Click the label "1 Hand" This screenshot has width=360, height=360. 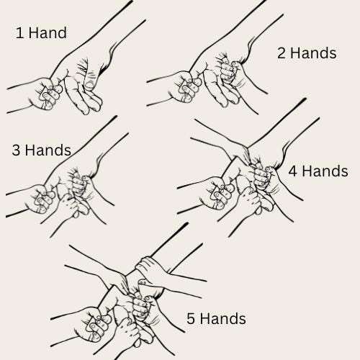pyautogui.click(x=41, y=32)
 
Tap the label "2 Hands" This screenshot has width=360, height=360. pyautogui.click(x=307, y=53)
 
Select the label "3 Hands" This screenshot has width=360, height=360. pyautogui.click(x=42, y=150)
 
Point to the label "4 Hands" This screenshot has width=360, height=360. pyautogui.click(x=318, y=171)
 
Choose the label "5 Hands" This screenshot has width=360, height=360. pyautogui.click(x=216, y=318)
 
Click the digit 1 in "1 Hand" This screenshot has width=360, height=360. pyautogui.click(x=19, y=33)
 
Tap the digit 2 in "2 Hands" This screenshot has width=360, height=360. pyautogui.click(x=282, y=53)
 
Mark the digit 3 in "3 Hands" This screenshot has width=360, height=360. pyautogui.click(x=16, y=150)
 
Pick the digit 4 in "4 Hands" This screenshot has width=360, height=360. pyautogui.click(x=293, y=171)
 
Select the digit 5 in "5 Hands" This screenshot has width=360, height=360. pyautogui.click(x=191, y=319)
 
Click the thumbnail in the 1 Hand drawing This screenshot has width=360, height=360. pyautogui.click(x=89, y=85)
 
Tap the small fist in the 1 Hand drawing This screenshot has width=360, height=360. pyautogui.click(x=45, y=94)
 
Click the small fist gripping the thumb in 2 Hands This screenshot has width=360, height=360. pyautogui.click(x=228, y=72)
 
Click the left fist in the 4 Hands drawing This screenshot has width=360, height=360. pyautogui.click(x=217, y=193)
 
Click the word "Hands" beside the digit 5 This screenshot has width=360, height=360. pyautogui.click(x=223, y=318)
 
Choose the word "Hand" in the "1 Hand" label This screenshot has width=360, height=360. pyautogui.click(x=48, y=32)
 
